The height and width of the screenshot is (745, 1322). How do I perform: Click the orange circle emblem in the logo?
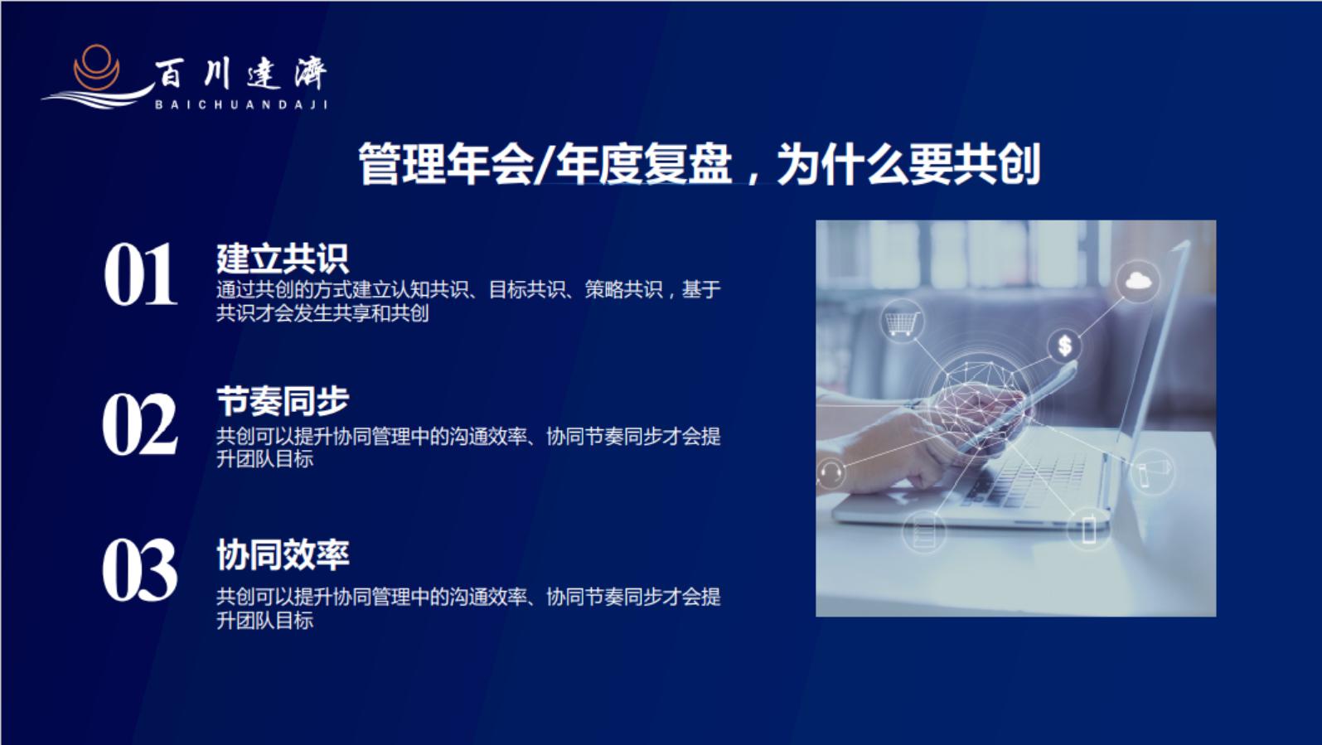coord(96,67)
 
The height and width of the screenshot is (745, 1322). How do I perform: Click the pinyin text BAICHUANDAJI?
coord(241,105)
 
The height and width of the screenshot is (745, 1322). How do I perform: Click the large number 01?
coord(140,274)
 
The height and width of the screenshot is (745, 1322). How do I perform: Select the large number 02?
coord(140,424)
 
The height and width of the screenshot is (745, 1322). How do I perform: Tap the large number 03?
coord(140,570)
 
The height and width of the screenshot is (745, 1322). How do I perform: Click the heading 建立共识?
coord(283,259)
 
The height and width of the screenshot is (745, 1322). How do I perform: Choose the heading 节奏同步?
coord(283,402)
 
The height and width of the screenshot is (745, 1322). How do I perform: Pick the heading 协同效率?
coord(283,555)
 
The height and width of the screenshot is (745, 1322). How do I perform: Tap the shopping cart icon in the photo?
coord(902,321)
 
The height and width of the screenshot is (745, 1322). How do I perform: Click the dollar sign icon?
coord(1064,345)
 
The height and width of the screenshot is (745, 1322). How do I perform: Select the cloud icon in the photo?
coord(1138,281)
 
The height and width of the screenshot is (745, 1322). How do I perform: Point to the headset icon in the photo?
coord(830,473)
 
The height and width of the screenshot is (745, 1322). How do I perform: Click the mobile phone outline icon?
coord(1089,528)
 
